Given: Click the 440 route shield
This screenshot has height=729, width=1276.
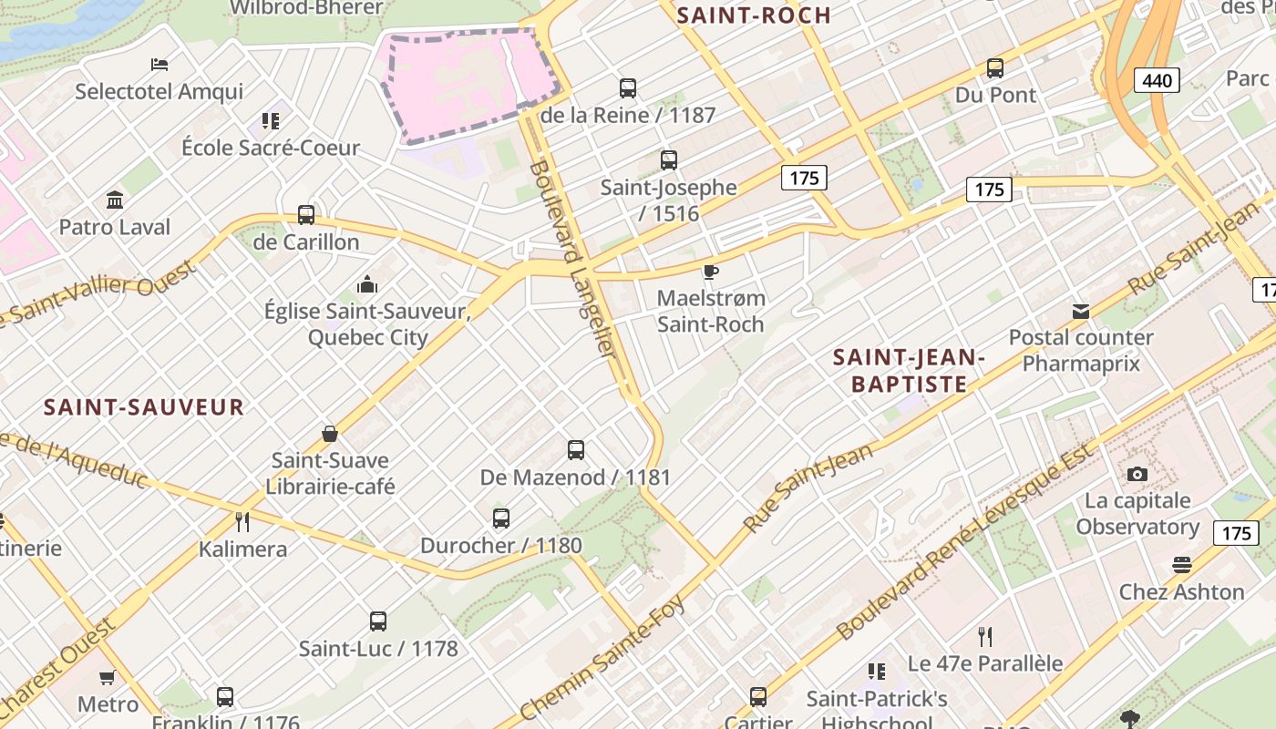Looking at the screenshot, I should click(1157, 80).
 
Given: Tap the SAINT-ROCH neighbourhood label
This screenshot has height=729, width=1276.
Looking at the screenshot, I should click(754, 15).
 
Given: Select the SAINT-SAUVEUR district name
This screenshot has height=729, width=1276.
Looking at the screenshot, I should click(144, 407).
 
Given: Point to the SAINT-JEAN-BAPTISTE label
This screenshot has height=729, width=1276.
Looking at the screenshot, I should click(909, 371).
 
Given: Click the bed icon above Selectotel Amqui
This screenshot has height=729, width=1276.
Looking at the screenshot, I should click(159, 65).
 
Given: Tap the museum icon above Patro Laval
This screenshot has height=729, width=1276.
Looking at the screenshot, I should click(115, 200).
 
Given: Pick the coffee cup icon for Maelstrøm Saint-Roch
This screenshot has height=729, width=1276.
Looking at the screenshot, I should click(711, 272).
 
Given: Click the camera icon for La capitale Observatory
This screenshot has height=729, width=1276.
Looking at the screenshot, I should click(1137, 474).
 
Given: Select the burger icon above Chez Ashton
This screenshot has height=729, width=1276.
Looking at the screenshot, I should click(1182, 565).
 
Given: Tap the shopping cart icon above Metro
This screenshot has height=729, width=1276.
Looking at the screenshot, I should click(108, 677).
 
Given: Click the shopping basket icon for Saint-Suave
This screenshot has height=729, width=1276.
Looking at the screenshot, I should click(330, 434).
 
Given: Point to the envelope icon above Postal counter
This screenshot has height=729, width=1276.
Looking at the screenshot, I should click(1081, 312).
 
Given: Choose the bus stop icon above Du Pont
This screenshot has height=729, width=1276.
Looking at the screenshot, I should click(995, 68).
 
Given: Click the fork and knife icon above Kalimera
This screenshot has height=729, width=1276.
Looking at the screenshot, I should click(242, 522).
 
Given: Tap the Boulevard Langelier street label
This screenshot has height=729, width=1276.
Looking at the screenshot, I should click(574, 272).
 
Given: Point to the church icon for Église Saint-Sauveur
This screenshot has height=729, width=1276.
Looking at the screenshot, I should click(367, 284).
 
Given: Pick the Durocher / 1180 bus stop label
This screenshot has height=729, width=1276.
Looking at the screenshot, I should click(500, 546).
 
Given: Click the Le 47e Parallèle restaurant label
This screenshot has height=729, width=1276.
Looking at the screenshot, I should click(985, 663).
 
